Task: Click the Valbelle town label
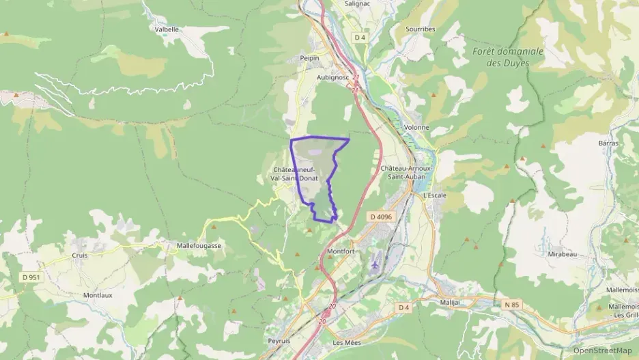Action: [x=167, y=29]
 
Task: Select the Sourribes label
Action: [x=421, y=29]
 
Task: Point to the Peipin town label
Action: [x=310, y=59]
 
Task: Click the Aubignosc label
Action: [x=333, y=77]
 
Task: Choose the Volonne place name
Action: [x=416, y=127]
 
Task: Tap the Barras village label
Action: [x=608, y=143]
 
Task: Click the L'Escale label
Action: [x=435, y=195]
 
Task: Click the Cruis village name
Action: [x=80, y=255]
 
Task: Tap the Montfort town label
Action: [x=341, y=251]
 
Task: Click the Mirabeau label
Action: [x=563, y=254]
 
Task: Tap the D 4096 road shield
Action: [x=383, y=217]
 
